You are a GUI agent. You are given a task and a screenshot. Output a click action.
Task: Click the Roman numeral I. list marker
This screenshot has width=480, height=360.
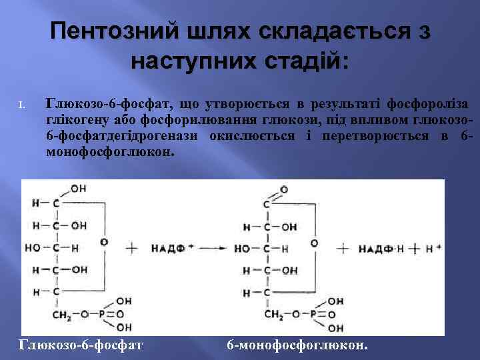coord(21,105)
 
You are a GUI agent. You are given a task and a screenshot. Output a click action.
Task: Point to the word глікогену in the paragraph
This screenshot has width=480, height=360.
coord(71,119)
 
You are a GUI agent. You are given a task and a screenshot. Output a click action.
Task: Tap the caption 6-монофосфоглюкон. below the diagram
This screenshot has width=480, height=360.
coord(297,345)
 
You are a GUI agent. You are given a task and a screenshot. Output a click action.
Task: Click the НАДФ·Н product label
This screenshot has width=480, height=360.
coord(380,248)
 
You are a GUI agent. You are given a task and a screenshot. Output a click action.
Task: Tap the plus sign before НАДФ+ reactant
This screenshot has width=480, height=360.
coord(131,248)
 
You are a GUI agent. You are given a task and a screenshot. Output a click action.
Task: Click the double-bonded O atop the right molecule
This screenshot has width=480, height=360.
coord(284,190)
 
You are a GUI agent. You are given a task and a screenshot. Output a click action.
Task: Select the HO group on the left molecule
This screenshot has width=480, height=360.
coord(31,248)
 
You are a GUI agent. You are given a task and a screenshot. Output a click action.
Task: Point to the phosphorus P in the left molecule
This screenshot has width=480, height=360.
coord(101,315)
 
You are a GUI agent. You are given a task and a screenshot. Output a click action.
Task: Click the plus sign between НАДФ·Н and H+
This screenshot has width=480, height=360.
coord(415,248)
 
